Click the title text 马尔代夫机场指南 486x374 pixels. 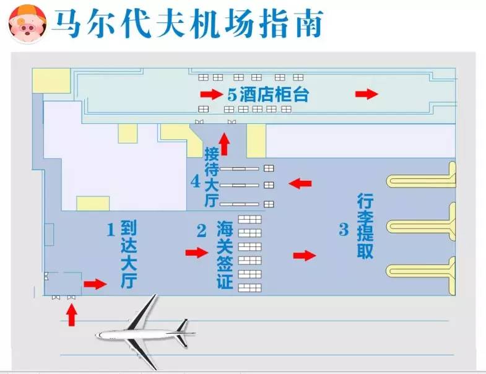click(186, 24)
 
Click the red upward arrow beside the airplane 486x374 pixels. click(72, 315)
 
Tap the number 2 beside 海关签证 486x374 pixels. click(201, 230)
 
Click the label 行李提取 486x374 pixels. click(365, 226)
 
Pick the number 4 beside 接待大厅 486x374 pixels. click(196, 181)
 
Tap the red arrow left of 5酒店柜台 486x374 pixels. click(210, 95)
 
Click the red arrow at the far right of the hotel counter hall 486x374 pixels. click(367, 94)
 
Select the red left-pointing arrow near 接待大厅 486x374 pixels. click(301, 183)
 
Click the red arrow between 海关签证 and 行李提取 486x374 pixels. click(304, 255)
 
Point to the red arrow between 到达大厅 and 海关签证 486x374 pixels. click(197, 253)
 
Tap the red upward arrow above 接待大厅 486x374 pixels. click(224, 145)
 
